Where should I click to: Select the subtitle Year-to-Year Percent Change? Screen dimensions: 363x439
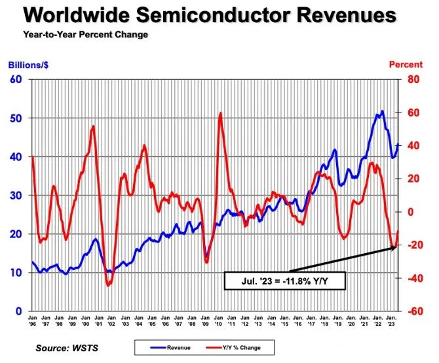point(86,35)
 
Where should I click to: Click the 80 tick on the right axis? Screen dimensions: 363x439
point(412,80)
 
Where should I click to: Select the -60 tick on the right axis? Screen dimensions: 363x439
point(412,311)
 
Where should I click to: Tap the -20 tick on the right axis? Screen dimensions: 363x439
point(412,245)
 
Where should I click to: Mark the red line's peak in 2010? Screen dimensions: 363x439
point(220,113)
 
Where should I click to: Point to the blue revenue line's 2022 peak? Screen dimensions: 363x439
point(382,111)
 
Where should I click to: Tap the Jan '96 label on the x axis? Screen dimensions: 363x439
point(33,321)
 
